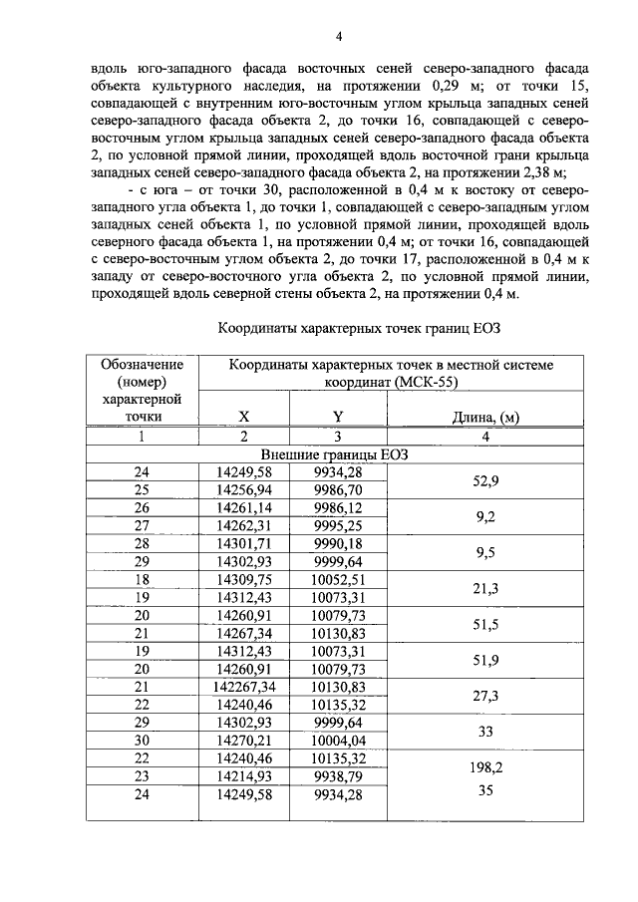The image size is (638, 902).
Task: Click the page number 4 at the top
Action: coord(339,38)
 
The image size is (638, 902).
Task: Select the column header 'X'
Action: coord(243,417)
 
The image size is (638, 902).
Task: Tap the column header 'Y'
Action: coord(338,417)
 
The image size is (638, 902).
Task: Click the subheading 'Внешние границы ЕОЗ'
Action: coord(339,453)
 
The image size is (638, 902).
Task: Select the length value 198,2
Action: coord(486,769)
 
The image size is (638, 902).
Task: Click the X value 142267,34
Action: coord(243,687)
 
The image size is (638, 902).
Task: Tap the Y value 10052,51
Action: coord(338,579)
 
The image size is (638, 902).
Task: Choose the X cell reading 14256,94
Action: coord(243,490)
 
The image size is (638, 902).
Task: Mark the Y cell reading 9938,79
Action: coord(338,777)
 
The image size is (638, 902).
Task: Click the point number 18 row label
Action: coord(142,579)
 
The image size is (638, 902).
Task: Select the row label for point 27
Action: coord(142,526)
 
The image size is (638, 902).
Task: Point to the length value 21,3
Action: coord(486,588)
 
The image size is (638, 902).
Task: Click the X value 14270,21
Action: coord(243,742)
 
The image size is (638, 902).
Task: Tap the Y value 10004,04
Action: coord(338,742)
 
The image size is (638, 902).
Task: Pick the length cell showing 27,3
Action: coord(486,696)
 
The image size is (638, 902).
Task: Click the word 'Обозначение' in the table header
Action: coord(142,364)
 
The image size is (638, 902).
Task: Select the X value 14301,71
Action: coord(243,544)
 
